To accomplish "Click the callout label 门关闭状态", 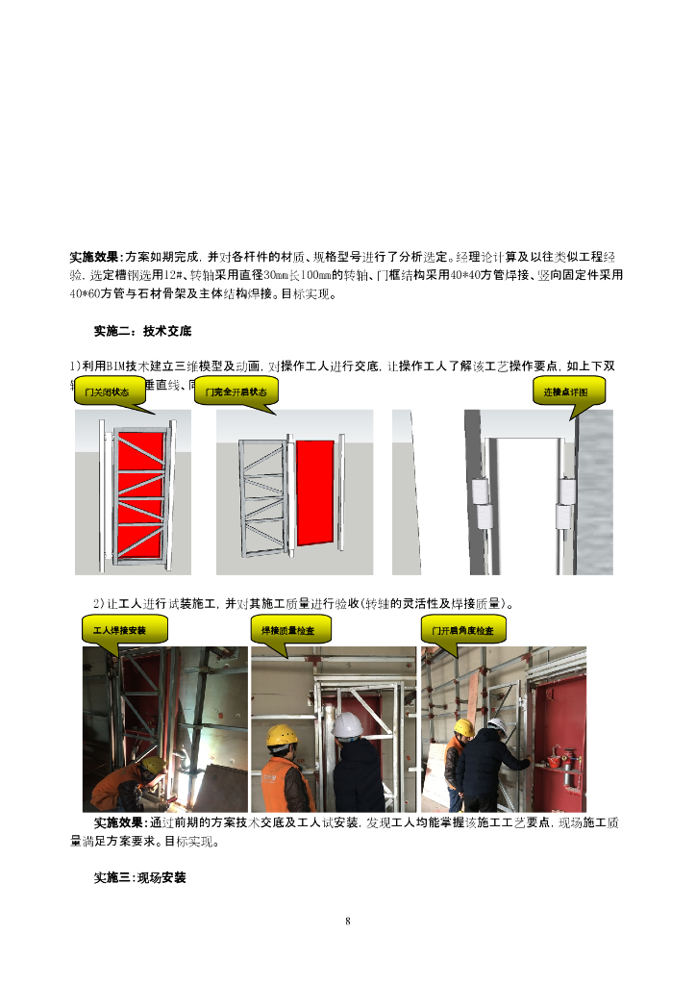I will click(107, 392).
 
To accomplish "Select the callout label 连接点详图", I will click(568, 392).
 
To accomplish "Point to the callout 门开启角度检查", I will click(463, 631).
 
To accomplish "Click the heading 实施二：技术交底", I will click(142, 332).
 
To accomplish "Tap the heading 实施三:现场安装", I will click(139, 878).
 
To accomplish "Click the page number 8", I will click(348, 922).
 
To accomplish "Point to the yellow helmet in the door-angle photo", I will click(463, 728).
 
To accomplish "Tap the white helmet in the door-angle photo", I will click(496, 723).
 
